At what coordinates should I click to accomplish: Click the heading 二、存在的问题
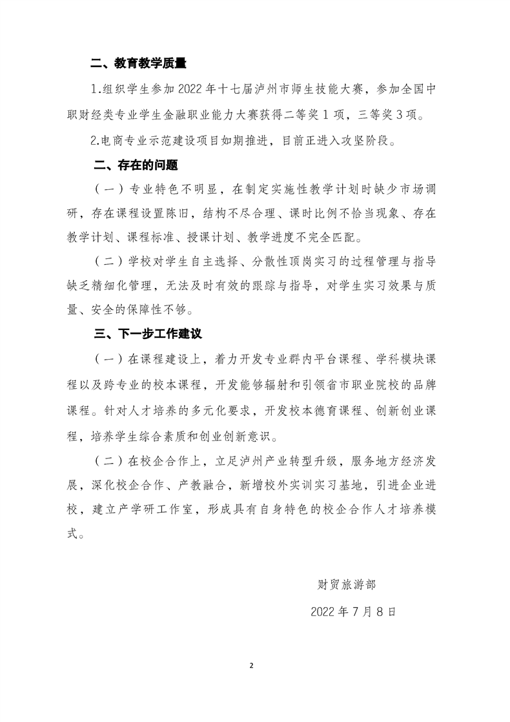(133, 165)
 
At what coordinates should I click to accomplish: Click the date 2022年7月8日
(352, 611)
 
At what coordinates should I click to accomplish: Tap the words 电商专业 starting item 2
(126, 140)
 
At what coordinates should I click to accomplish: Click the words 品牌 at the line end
(413, 385)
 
